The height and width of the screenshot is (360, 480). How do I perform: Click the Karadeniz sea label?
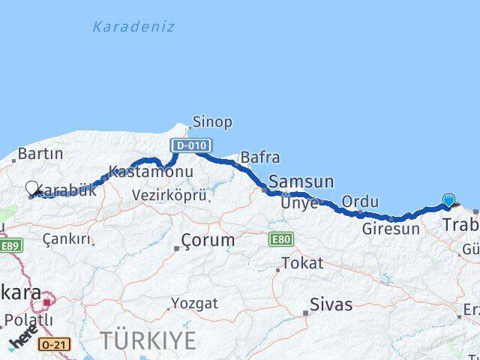(133, 27)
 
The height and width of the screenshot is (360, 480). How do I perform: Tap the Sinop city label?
(212, 121)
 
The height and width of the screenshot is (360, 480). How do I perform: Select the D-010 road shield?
(190, 145)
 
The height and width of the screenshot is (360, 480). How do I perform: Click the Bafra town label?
(260, 157)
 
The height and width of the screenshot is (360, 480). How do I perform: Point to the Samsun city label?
(301, 181)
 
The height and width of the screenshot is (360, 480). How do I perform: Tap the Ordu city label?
(360, 201)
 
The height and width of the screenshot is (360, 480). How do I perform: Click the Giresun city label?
(391, 229)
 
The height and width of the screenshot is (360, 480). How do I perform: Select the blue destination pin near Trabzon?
(448, 200)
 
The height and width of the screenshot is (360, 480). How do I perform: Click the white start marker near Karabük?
(32, 187)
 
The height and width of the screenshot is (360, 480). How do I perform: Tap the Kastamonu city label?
(151, 171)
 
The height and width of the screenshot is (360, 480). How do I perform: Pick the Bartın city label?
(40, 154)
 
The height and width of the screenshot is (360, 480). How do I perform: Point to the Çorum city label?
(207, 241)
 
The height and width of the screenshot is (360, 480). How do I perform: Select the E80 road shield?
(280, 238)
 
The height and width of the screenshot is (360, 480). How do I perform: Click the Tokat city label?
(302, 263)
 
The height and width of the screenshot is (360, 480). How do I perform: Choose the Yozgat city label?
(194, 304)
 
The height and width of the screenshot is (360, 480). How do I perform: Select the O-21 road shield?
(51, 343)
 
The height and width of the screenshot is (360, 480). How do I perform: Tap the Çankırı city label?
(67, 239)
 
